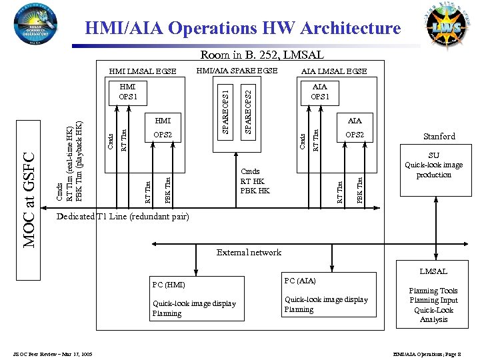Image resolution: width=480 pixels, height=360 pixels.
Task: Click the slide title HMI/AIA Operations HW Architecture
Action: pyautogui.click(x=243, y=28)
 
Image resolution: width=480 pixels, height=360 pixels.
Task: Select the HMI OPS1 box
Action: pyautogui.click(x=128, y=91)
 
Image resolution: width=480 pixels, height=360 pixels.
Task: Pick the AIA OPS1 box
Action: pyautogui.click(x=320, y=91)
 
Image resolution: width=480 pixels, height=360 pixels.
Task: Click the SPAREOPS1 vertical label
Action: pyautogui.click(x=226, y=106)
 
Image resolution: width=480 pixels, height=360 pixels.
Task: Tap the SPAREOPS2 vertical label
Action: pyautogui.click(x=248, y=106)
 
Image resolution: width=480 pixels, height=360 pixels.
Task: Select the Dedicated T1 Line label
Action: pyautogui.click(x=123, y=217)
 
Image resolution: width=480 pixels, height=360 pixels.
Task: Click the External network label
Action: pyautogui.click(x=249, y=253)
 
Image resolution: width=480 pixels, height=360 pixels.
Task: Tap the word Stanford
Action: pyautogui.click(x=438, y=137)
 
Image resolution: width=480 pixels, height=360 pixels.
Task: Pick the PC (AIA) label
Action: pyautogui.click(x=300, y=281)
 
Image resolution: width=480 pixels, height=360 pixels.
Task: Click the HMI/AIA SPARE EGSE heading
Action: pyautogui.click(x=237, y=71)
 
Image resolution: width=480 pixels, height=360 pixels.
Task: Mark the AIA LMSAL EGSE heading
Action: pyautogui.click(x=334, y=71)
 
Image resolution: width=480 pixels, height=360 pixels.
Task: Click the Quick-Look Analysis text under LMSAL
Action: pyautogui.click(x=434, y=315)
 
